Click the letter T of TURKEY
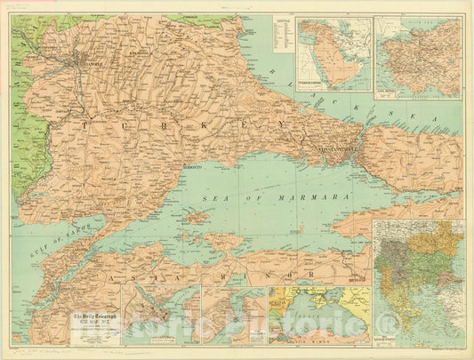tap(86, 127)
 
